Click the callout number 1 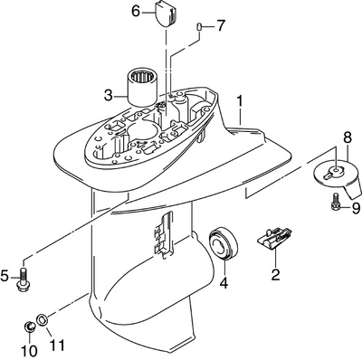pos(240,101)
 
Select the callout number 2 pos(275,274)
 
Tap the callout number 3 pos(109,96)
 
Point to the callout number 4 pos(224,282)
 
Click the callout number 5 pos(5,276)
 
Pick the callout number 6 pos(137,12)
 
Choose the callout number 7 pos(221,26)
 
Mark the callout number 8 pos(348,137)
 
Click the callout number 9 pos(356,208)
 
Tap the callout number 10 pos(29,351)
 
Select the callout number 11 pos(56,345)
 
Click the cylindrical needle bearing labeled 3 pos(141,87)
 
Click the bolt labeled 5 pos(23,279)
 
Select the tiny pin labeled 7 pos(199,26)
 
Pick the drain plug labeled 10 pos(29,327)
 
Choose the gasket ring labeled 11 pos(42,319)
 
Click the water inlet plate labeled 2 pos(274,238)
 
